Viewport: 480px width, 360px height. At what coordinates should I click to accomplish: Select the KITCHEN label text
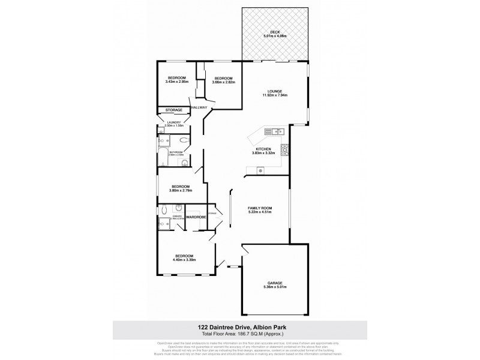(263, 149)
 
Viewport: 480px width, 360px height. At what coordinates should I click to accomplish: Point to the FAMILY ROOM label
(260, 208)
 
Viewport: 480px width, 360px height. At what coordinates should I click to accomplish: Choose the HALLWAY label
(199, 107)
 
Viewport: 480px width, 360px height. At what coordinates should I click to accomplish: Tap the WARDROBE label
(196, 217)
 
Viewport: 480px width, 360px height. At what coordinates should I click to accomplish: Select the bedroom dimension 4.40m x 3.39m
(185, 260)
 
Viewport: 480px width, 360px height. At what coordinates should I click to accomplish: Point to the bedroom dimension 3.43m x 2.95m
(176, 82)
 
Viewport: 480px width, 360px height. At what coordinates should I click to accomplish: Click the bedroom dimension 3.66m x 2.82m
(223, 82)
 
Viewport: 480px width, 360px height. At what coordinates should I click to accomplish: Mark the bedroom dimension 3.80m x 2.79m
(181, 190)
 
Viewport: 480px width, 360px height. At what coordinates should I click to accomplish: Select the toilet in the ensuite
(164, 210)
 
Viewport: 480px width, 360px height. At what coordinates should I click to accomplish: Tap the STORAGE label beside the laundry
(174, 110)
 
